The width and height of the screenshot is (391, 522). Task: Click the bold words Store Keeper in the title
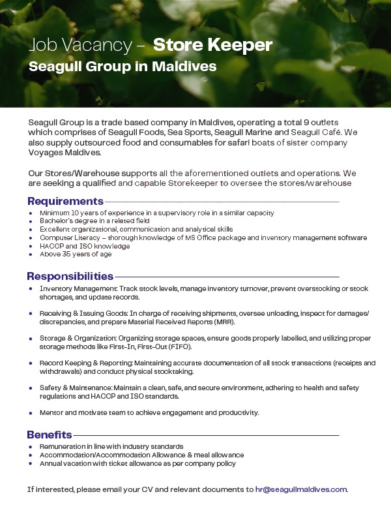tap(212, 45)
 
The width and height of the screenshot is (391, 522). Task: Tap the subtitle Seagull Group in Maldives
tap(123, 67)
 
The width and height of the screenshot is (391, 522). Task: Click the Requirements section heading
tap(65, 201)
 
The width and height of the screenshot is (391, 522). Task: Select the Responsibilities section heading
tap(70, 276)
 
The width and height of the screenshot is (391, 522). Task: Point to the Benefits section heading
tap(49, 435)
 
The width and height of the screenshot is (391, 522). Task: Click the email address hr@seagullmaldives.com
tap(301, 489)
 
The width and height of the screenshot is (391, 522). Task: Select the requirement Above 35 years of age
tap(76, 254)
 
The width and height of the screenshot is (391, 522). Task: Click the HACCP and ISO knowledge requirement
tap(85, 246)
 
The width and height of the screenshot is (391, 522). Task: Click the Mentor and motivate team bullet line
tap(149, 412)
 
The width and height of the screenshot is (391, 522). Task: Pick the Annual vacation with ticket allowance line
tap(138, 463)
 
